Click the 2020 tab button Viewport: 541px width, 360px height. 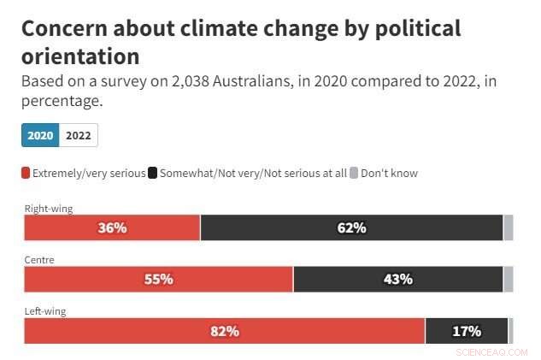pyautogui.click(x=40, y=135)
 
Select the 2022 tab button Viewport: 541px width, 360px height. pyautogui.click(x=79, y=135)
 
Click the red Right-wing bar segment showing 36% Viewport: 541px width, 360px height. pyautogui.click(x=112, y=227)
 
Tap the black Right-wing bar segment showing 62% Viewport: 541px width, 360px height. pyautogui.click(x=351, y=227)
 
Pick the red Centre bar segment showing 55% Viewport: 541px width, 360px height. pyautogui.click(x=158, y=279)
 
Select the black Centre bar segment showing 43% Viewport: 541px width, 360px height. pyautogui.click(x=397, y=279)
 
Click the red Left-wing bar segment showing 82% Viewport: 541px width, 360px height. pyautogui.click(x=224, y=330)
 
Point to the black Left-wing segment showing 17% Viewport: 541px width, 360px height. pyautogui.click(x=466, y=330)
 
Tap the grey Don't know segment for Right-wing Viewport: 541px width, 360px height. pyautogui.click(x=509, y=227)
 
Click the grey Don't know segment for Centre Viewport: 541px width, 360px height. pyautogui.click(x=509, y=279)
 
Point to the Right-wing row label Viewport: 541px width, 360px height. pyautogui.click(x=48, y=208)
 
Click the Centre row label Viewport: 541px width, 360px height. pyautogui.click(x=39, y=259)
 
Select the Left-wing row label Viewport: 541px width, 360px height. pyautogui.click(x=45, y=311)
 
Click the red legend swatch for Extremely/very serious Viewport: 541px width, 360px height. pyautogui.click(x=26, y=173)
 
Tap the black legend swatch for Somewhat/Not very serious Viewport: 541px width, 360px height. pyautogui.click(x=153, y=173)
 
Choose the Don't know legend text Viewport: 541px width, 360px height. pyautogui.click(x=389, y=173)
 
